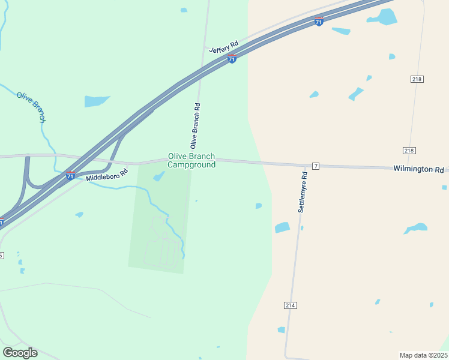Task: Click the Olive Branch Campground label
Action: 191,160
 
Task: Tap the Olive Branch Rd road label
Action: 195,126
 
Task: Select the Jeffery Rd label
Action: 224,47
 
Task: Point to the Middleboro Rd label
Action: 107,175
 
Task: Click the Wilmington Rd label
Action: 418,169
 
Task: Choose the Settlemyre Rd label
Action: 303,193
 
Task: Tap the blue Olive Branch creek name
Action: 31,107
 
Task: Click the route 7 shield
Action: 315,166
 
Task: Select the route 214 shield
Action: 291,305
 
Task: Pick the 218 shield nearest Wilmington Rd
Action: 409,150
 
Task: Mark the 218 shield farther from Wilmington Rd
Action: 417,79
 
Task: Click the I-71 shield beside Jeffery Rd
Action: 232,59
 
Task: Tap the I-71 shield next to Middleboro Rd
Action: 70,176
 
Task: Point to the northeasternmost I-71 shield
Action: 319,22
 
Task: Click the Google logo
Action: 20,353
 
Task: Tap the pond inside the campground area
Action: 159,176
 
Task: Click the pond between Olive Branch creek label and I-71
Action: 97,101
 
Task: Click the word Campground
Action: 191,165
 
